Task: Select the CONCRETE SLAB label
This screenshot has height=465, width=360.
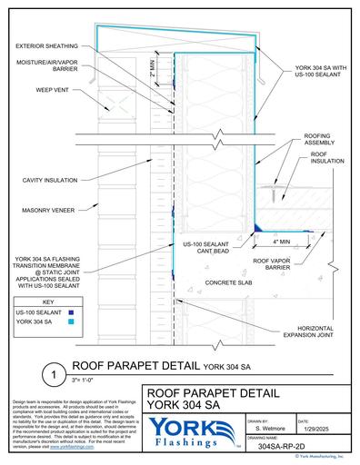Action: click(224, 283)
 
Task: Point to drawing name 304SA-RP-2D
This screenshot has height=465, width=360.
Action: click(286, 449)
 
